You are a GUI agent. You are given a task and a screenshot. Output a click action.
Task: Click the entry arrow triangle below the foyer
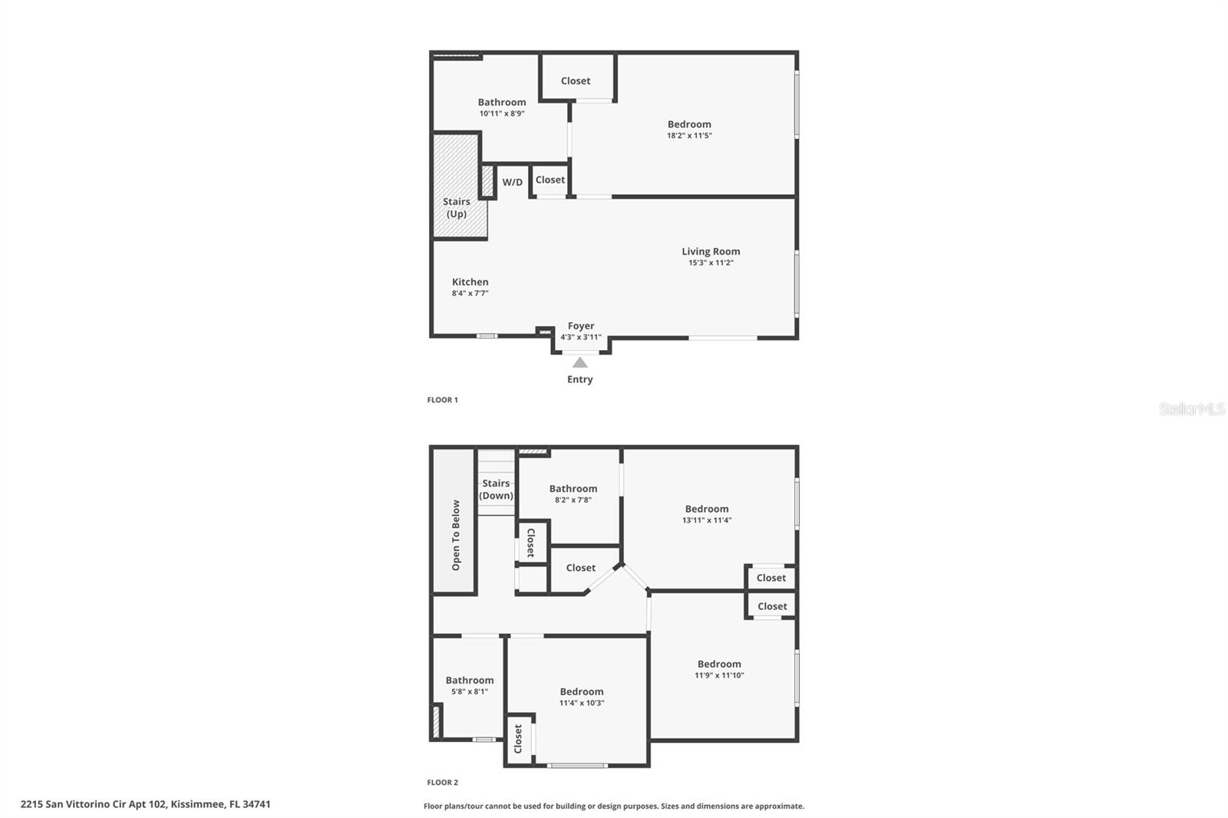tap(580, 363)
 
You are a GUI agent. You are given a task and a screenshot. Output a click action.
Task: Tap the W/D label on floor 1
tap(513, 183)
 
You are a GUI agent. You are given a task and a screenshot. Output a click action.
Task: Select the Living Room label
tap(711, 252)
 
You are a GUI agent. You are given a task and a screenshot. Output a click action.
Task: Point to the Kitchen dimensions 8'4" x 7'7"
tap(470, 293)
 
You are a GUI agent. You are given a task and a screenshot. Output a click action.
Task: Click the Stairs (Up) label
tap(457, 208)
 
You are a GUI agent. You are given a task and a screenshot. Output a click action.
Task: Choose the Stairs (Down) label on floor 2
tap(496, 490)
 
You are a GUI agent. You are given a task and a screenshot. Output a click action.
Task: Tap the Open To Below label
tap(456, 535)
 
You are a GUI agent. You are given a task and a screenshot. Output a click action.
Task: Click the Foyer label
tap(581, 326)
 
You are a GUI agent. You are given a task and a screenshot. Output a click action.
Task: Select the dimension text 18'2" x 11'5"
tap(689, 136)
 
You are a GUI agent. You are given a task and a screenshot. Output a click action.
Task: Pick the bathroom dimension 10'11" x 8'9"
tap(502, 114)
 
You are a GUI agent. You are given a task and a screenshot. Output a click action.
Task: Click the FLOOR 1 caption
tap(442, 400)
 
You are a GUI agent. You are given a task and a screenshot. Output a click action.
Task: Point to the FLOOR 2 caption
tap(442, 783)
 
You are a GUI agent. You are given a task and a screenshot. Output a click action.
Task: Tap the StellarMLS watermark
tap(1191, 409)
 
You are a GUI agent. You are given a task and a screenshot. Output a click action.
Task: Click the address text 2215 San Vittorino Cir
tap(146, 804)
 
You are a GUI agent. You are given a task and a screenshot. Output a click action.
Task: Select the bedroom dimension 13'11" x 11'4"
tap(707, 520)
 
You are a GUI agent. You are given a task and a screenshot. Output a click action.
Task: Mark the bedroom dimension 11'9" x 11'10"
tap(719, 676)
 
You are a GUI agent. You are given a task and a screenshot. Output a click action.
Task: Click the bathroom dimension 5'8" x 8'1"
tap(470, 691)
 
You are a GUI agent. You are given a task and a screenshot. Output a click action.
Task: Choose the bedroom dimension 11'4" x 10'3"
tap(582, 703)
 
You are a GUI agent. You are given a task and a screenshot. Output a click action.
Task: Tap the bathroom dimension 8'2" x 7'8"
tap(573, 500)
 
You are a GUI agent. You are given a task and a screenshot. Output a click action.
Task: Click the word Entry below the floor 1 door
tap(580, 379)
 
